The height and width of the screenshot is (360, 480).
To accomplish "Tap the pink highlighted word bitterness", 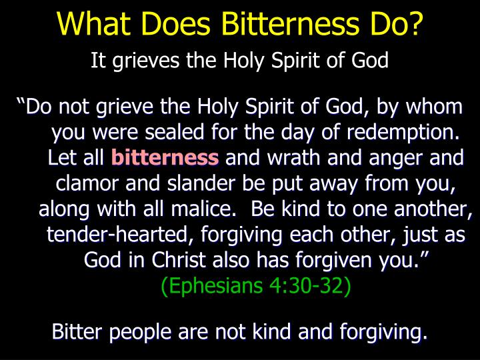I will click(x=165, y=158).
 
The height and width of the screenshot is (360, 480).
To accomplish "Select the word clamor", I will click(x=87, y=183).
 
